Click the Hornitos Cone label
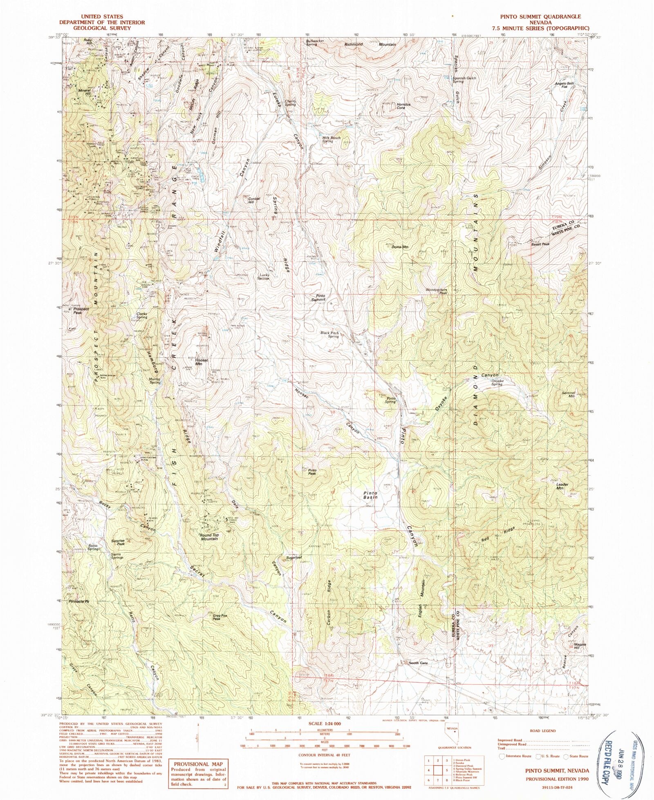(403, 106)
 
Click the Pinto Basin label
(370, 496)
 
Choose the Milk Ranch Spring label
(331, 139)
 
